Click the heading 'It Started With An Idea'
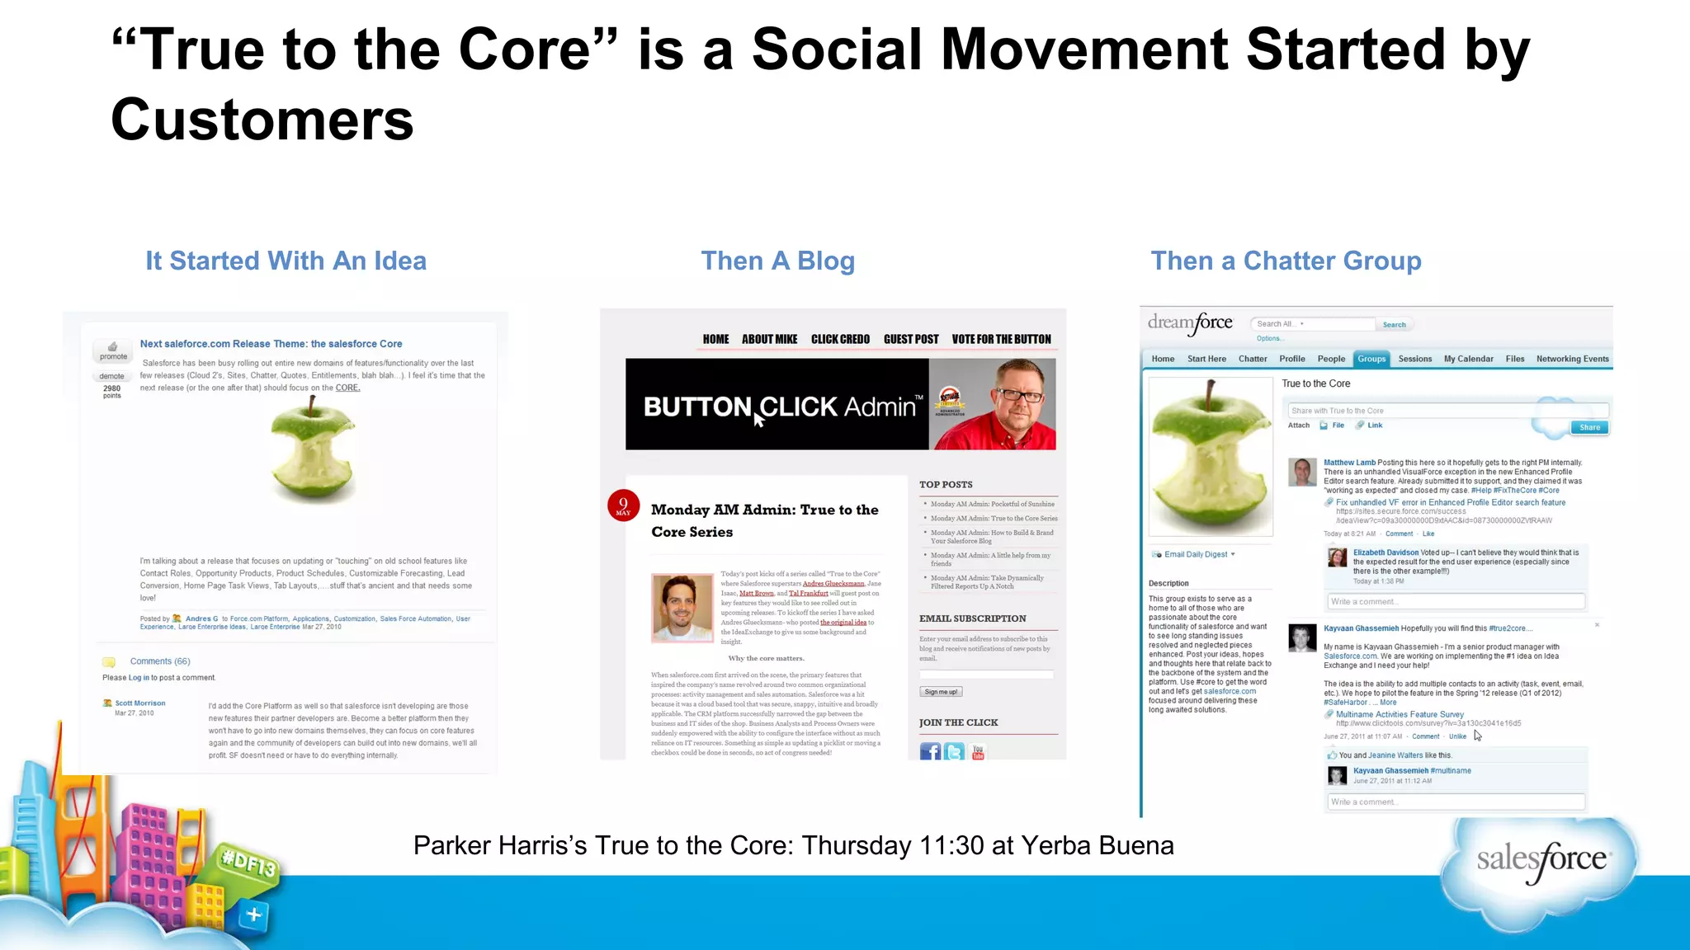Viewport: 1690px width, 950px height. pos(286,261)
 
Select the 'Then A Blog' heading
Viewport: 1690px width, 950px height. pos(777,261)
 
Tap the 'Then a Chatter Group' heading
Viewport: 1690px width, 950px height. pos(1286,261)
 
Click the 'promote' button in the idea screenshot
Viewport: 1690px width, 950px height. pos(113,351)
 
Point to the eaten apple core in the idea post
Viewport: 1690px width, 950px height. pos(313,450)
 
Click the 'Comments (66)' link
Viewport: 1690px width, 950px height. pos(159,661)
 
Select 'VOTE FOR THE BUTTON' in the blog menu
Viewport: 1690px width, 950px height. pos(1001,339)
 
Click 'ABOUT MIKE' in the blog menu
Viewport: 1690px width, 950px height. pos(769,339)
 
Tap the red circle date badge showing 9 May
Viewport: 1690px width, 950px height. pos(623,506)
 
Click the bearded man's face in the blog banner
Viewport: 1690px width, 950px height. pos(1018,397)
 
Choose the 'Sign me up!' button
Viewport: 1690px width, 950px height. pos(941,692)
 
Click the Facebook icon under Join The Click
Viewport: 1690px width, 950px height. pos(930,751)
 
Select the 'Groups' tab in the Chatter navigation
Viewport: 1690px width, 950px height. pos(1371,359)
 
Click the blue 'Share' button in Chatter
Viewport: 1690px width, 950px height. pos(1589,427)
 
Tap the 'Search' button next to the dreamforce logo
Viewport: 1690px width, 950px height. pos(1394,325)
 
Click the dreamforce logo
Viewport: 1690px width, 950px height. pos(1190,323)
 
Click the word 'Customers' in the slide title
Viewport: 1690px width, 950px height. pos(262,120)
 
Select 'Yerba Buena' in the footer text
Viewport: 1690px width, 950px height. pos(1097,846)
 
